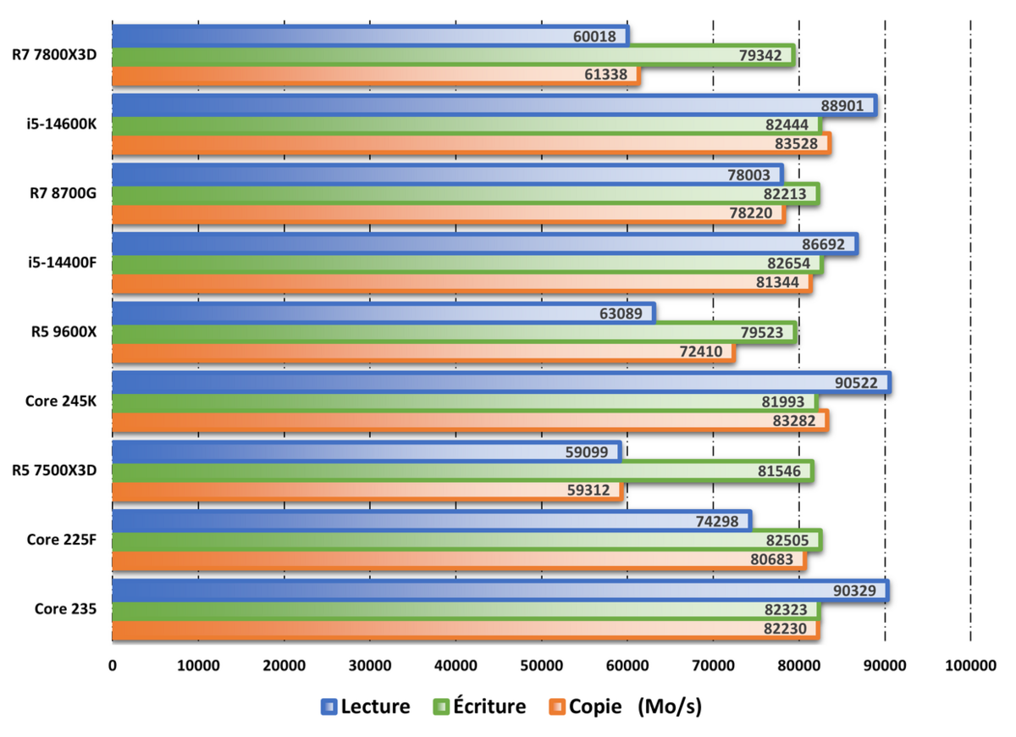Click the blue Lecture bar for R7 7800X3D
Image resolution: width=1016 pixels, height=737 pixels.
coord(339,36)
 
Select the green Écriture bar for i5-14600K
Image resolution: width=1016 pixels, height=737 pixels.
coord(423,125)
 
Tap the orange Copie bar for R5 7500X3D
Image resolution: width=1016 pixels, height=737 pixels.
coord(339,490)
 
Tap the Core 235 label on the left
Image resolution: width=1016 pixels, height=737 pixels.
coord(65,608)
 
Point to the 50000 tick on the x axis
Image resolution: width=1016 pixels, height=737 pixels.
coord(541,666)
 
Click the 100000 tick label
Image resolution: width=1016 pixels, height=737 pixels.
coord(970,666)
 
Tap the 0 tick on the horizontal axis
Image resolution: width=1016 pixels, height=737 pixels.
coord(113,666)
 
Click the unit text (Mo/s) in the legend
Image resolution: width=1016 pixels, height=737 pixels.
coord(670,706)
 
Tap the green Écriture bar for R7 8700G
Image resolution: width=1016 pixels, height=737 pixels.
coord(423,194)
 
